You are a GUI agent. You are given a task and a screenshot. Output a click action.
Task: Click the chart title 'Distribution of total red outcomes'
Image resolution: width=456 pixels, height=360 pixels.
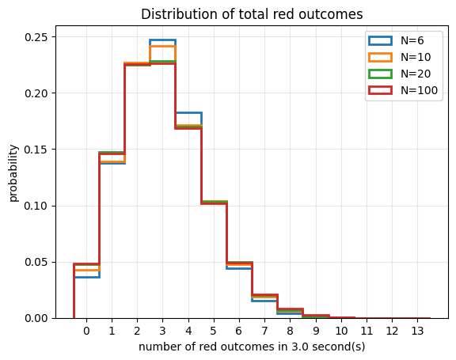(x=252, y=14)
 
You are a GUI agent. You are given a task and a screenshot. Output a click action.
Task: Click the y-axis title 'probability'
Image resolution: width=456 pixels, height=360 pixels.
(x=13, y=173)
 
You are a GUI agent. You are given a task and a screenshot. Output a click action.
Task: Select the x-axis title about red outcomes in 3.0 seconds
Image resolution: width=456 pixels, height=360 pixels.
(x=252, y=347)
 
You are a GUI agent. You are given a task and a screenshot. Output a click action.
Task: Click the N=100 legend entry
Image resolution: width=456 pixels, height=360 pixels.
(x=403, y=90)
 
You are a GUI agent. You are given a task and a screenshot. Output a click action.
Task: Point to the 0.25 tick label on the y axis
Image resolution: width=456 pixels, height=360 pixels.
(x=36, y=37)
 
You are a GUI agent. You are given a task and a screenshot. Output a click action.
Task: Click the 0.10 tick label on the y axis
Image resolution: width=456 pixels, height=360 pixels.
(x=36, y=206)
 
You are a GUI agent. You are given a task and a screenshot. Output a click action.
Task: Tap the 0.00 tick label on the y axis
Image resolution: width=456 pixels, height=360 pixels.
(x=36, y=318)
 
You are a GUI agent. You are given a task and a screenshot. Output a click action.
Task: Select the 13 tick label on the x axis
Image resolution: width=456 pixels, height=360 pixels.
(x=418, y=331)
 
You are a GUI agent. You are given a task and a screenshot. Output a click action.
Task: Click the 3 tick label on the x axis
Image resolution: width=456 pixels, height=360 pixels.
(x=162, y=331)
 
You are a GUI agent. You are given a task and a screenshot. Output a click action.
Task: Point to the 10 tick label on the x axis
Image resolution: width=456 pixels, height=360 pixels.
(x=341, y=331)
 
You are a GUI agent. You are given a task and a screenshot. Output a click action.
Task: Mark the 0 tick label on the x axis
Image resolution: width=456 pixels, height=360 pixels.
(x=86, y=331)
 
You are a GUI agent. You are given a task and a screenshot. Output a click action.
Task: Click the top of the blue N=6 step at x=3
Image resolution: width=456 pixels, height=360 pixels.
(x=162, y=40)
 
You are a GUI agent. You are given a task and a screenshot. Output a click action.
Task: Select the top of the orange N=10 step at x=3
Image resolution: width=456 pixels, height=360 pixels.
(x=162, y=46)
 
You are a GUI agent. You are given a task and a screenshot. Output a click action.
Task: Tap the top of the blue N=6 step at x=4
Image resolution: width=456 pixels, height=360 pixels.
(x=188, y=112)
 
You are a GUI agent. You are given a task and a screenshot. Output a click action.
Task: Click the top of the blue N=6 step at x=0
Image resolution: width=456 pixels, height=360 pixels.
(x=86, y=277)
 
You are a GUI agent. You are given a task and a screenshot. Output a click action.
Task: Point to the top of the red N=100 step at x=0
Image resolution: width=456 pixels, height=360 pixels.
(x=86, y=264)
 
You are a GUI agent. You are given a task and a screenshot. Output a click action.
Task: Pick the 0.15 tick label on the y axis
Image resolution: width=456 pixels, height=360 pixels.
(x=36, y=150)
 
